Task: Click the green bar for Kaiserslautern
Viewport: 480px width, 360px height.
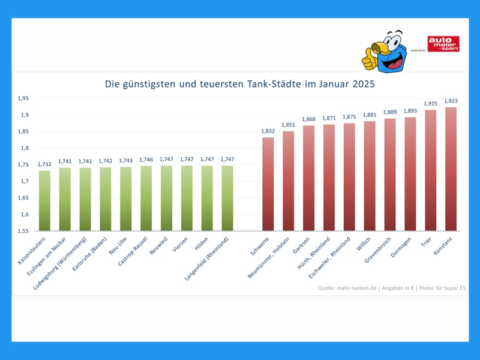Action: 44,200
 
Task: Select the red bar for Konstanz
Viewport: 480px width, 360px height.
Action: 450,169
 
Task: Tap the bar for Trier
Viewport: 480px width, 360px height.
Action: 430,170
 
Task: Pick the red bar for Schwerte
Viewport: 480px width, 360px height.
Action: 268,184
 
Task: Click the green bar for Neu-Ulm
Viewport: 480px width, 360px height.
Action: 126,199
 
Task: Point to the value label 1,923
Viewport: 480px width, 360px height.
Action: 450,101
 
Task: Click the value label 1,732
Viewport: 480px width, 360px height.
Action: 44,164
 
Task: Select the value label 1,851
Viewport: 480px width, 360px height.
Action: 288,125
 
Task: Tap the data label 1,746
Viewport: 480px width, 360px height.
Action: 146,160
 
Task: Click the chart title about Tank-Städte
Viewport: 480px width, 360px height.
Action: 240,85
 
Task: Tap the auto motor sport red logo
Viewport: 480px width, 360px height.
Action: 443,44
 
